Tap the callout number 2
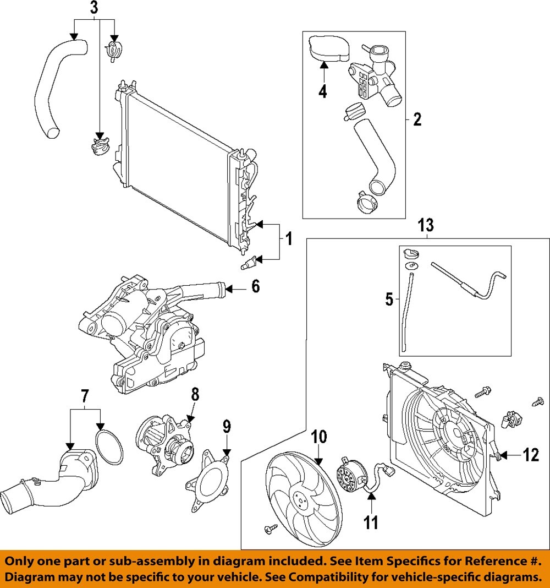pos(417,119)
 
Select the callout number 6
pos(255,286)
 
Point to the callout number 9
pos(227,427)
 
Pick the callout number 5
pos(389,300)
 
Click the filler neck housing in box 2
pos(374,83)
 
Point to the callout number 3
pos(95,8)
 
